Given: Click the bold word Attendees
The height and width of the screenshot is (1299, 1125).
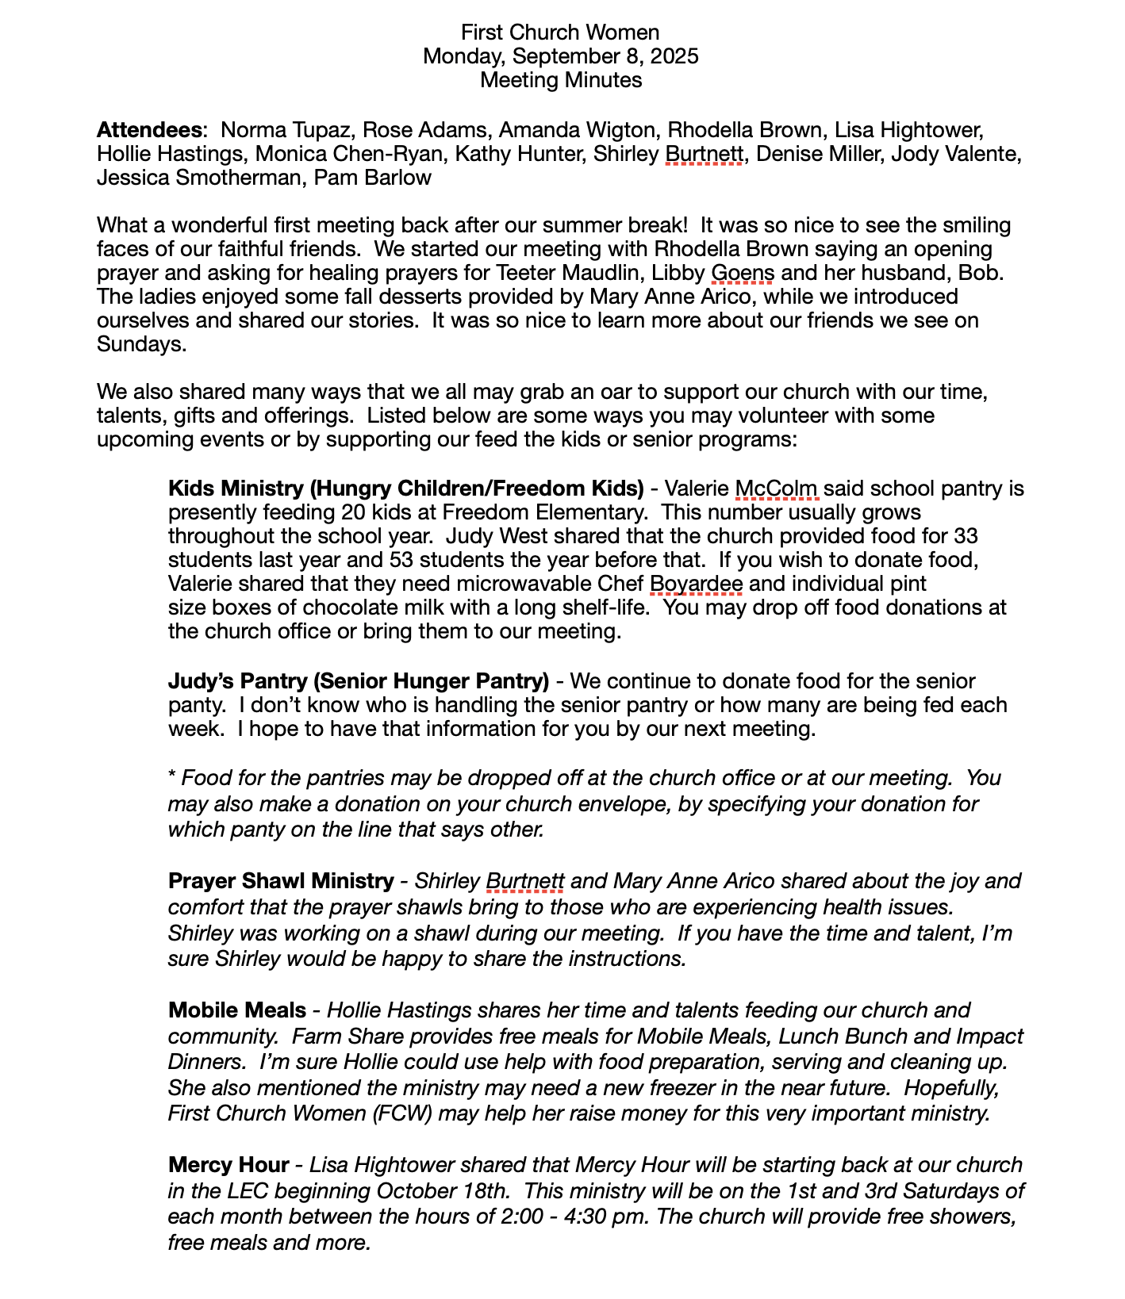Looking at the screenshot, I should tap(148, 130).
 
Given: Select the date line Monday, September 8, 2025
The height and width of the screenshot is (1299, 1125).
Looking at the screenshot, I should tap(561, 56).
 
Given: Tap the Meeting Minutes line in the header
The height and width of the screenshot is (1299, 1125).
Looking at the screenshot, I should tap(561, 80).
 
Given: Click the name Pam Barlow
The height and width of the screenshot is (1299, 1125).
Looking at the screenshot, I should tap(373, 178).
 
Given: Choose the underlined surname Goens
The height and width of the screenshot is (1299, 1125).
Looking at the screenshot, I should tap(743, 273).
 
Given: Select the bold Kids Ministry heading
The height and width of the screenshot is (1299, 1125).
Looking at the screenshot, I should tap(405, 488).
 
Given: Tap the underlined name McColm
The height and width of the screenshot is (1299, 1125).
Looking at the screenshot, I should tap(777, 488).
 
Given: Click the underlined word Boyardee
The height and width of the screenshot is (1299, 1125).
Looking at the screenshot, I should tap(696, 584).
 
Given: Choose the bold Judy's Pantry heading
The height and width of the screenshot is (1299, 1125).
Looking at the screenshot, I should tap(359, 681).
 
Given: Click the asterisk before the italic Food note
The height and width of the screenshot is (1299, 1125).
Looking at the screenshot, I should tap(172, 777).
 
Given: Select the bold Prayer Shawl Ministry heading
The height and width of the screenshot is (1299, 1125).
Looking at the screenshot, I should tap(281, 881).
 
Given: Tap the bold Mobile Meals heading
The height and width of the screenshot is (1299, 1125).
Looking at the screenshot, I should tap(237, 1010).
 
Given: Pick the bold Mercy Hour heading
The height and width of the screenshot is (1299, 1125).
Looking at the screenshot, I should tap(228, 1165).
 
